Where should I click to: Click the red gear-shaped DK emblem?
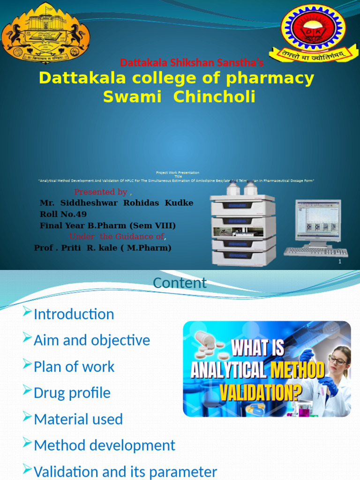tap(313, 28)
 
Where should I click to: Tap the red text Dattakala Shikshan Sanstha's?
tap(192, 63)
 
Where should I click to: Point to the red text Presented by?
tap(101, 192)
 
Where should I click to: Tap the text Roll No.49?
tap(63, 214)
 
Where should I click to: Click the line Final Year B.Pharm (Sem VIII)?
tap(108, 225)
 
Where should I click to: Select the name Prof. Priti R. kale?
tap(103, 247)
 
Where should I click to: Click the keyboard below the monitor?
tap(315, 252)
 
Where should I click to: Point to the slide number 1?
tap(339, 262)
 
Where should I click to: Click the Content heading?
tap(180, 283)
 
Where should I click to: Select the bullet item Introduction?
tap(74, 314)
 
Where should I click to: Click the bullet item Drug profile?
tap(72, 393)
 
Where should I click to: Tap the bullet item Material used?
tap(78, 419)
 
